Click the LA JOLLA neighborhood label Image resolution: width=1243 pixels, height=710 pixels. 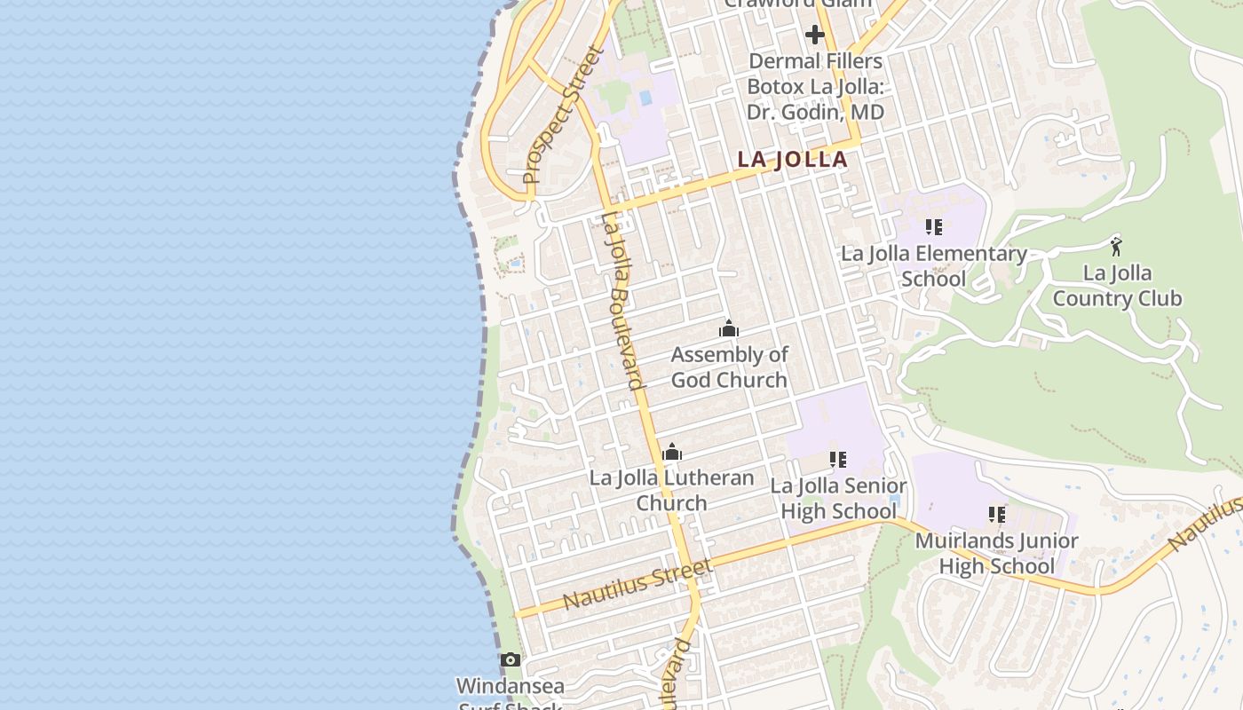(792, 160)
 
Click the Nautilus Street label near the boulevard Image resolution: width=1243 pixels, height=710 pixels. (637, 584)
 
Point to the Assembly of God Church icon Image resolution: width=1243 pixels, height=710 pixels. (729, 329)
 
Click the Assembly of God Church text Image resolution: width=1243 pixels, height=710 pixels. (729, 367)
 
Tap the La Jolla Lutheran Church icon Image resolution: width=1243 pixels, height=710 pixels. (672, 453)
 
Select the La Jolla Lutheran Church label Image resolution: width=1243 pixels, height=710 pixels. (672, 490)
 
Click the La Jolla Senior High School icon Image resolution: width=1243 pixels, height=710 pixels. (837, 460)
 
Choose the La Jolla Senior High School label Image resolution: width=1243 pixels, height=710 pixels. (838, 499)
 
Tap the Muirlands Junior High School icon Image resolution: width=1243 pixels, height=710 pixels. (996, 515)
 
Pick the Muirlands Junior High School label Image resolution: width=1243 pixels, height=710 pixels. (996, 553)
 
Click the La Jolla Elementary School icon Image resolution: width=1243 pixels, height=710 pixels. (933, 227)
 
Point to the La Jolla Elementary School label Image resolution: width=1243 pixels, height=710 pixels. (933, 266)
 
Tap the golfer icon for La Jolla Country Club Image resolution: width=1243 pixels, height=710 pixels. (1116, 246)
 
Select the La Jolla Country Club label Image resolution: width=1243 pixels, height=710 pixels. (1117, 286)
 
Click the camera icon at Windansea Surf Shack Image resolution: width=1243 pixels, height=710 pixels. (510, 659)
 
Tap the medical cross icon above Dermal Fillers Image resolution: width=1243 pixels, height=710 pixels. (814, 35)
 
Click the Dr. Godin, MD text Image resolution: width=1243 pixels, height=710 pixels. (816, 113)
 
